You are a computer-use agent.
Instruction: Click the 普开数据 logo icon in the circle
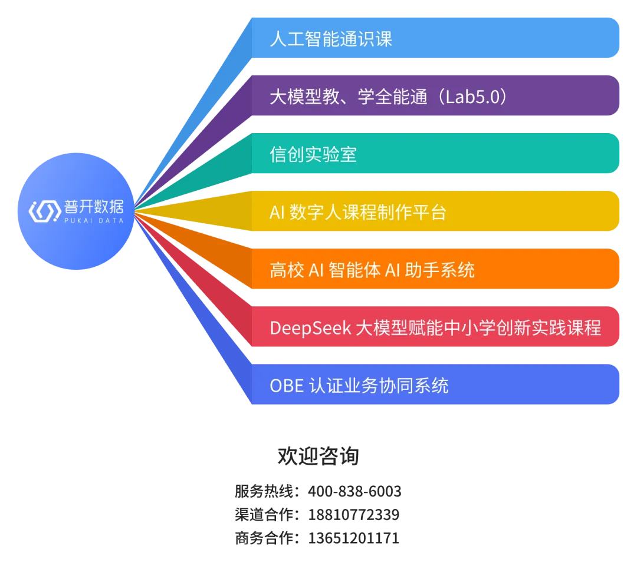coord(44,210)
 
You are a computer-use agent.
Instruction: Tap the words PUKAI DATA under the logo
coord(93,221)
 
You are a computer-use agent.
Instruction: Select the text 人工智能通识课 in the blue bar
coord(330,39)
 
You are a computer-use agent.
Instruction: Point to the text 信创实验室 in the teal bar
coord(313,154)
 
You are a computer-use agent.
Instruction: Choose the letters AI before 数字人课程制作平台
coord(277,212)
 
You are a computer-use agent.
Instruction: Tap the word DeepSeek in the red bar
coord(310,327)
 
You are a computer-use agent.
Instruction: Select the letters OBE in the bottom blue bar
coord(287,385)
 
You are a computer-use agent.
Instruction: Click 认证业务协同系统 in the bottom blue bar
coord(379,385)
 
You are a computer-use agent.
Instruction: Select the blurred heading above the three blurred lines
coord(317,456)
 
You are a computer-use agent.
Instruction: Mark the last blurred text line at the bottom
coord(317,537)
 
